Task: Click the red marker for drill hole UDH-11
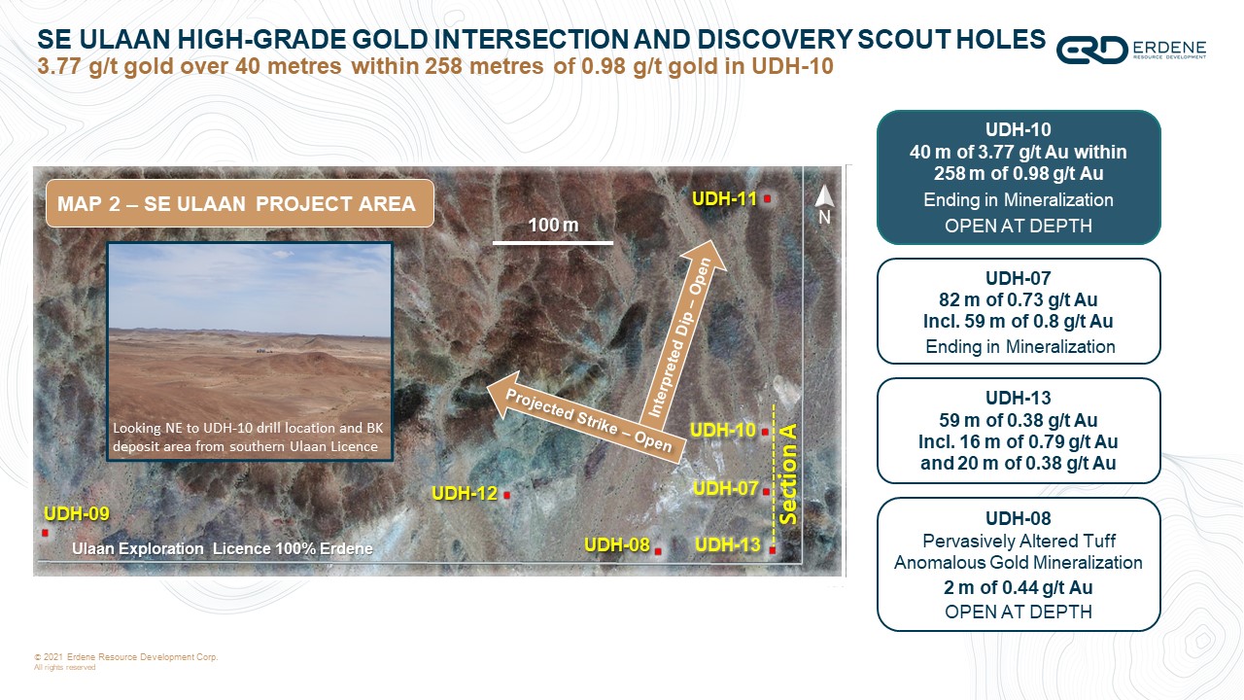pos(767,198)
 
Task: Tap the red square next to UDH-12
pos(506,495)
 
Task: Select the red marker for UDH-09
pos(45,533)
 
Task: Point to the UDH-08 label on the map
pos(616,545)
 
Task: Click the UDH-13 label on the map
pos(728,545)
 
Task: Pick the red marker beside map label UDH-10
pos(765,432)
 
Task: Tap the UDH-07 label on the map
pos(725,488)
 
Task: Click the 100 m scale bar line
pos(553,243)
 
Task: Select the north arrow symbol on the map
pos(824,197)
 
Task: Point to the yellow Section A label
pos(788,473)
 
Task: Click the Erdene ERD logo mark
pos(1091,50)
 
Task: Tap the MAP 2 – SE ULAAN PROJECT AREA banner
pos(239,203)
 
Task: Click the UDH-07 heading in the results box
pos(1018,278)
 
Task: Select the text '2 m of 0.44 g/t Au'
pos(1018,587)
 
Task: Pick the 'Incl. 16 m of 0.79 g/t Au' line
pos(1018,441)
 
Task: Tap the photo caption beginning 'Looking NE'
pos(248,437)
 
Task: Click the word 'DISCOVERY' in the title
pos(775,39)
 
